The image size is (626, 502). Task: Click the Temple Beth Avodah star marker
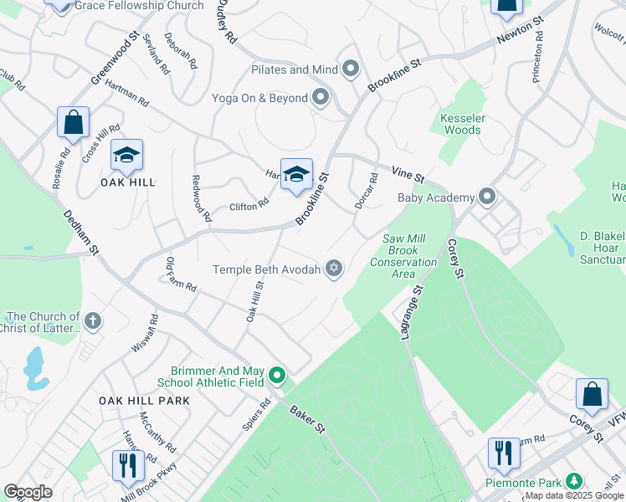pos(334,269)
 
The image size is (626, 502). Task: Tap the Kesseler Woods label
pos(461,124)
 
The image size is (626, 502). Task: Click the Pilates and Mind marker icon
pos(351,69)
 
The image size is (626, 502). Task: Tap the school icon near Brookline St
pos(295,175)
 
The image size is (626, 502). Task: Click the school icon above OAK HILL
pos(126,156)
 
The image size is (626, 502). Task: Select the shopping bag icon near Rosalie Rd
pos(73,123)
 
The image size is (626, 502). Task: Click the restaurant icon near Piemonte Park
pos(503,454)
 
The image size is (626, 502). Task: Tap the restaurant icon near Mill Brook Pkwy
pos(128,465)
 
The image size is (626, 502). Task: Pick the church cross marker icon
pos(93,320)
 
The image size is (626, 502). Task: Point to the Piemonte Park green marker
pos(573,482)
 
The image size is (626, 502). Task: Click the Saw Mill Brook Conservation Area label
pos(410,250)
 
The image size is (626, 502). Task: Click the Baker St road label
pos(308,420)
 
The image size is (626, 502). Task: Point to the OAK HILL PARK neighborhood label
pos(145,401)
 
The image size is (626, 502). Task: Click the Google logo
pos(28,492)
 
